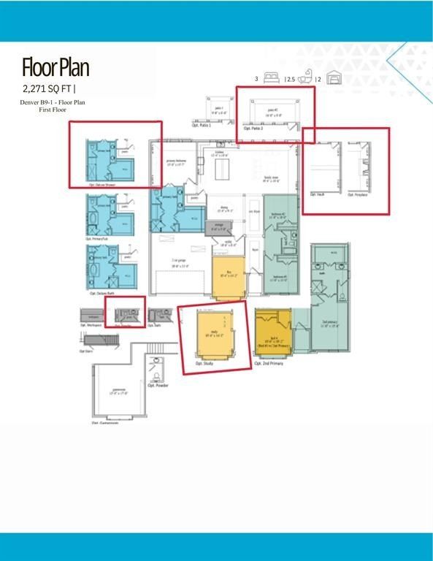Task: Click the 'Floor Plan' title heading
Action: pyautogui.click(x=55, y=68)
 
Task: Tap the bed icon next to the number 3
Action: pyautogui.click(x=270, y=78)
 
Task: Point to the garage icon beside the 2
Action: pyautogui.click(x=334, y=78)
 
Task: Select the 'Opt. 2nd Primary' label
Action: pyautogui.click(x=272, y=363)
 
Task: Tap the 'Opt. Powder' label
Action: pyautogui.click(x=157, y=385)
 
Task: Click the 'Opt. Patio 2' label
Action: pyautogui.click(x=253, y=129)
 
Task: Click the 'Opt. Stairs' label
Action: pyautogui.click(x=87, y=351)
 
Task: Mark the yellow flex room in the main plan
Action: pyautogui.click(x=229, y=277)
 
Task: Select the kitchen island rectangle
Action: pyautogui.click(x=220, y=170)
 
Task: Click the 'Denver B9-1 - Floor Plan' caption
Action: pyautogui.click(x=53, y=103)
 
